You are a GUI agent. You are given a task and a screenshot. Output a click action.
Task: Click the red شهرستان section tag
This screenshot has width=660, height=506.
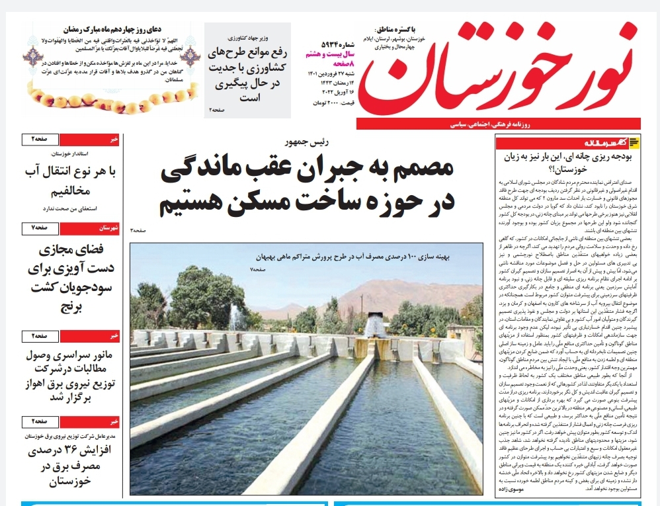[106, 228]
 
